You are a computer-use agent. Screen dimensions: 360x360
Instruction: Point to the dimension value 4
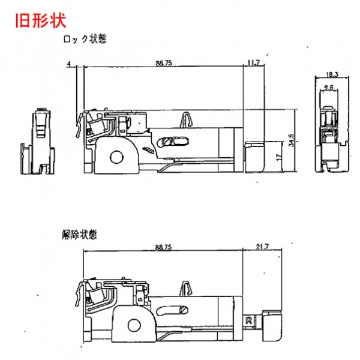(x=70, y=63)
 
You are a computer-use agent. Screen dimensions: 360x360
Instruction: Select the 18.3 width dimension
(x=332, y=74)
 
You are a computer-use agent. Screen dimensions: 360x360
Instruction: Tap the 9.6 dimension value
(x=328, y=88)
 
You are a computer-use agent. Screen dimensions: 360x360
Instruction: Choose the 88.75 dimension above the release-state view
(x=163, y=247)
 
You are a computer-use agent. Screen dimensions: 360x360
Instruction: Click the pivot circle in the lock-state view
(x=116, y=157)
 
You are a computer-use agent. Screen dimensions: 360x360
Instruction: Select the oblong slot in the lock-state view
(x=173, y=142)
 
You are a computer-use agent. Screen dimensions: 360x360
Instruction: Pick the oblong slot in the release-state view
(x=175, y=310)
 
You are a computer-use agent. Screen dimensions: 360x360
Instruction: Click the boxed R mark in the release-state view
(x=247, y=320)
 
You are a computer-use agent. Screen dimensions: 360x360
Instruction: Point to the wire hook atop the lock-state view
(x=187, y=119)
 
